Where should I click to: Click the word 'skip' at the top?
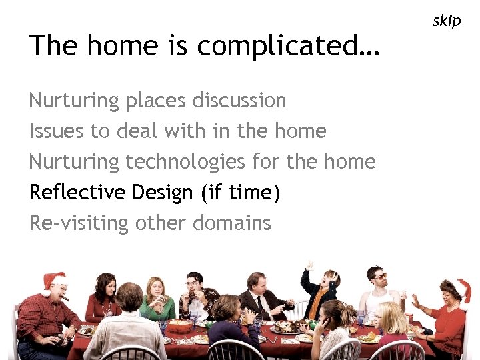(x=446, y=21)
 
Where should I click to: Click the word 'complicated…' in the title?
(x=288, y=46)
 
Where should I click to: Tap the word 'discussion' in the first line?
(x=239, y=101)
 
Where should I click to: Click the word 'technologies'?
(x=186, y=162)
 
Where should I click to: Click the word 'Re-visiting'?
(x=79, y=223)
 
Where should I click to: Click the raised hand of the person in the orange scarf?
(x=308, y=265)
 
